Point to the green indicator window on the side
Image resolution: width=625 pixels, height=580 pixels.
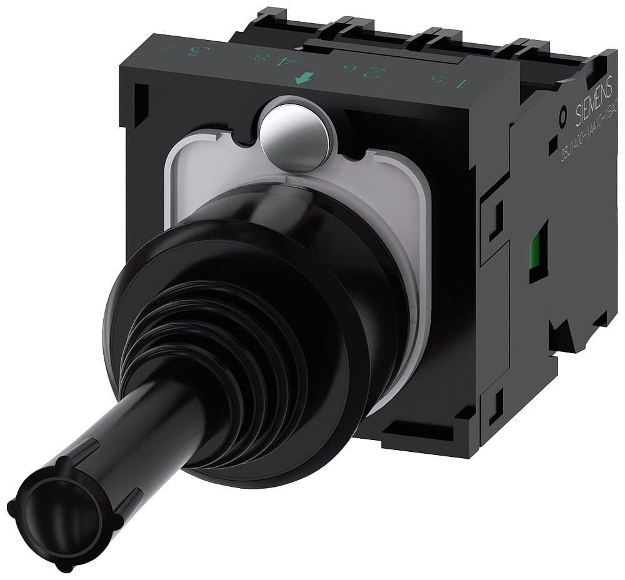[x=536, y=252]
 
